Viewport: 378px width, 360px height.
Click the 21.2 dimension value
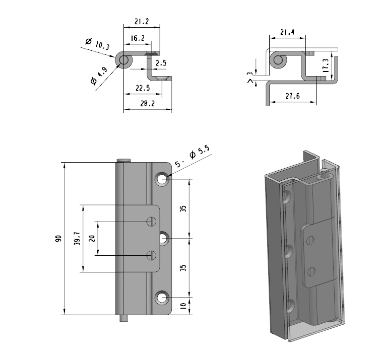point(142,22)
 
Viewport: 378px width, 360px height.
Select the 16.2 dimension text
point(138,38)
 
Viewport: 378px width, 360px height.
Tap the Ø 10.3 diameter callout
point(98,44)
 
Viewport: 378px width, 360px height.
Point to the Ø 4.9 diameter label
point(99,76)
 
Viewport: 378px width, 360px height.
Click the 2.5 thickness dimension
point(161,63)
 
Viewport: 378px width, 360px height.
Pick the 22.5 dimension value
point(143,88)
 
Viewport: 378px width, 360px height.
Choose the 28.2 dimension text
point(147,104)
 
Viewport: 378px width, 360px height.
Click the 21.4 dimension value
point(287,32)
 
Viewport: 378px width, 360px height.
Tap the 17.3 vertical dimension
point(326,65)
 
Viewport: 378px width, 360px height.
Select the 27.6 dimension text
point(293,96)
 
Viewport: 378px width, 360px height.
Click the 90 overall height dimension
point(58,239)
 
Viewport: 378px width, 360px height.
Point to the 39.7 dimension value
point(77,239)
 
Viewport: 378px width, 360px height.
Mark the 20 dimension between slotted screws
point(92,238)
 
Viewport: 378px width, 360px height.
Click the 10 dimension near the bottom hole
point(183,306)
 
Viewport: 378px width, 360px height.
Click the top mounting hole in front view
point(162,179)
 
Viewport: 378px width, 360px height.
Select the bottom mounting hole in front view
point(162,298)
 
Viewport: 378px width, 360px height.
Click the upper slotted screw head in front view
point(151,222)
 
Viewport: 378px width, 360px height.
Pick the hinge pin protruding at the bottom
point(123,318)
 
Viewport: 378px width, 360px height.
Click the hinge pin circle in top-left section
point(123,60)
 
